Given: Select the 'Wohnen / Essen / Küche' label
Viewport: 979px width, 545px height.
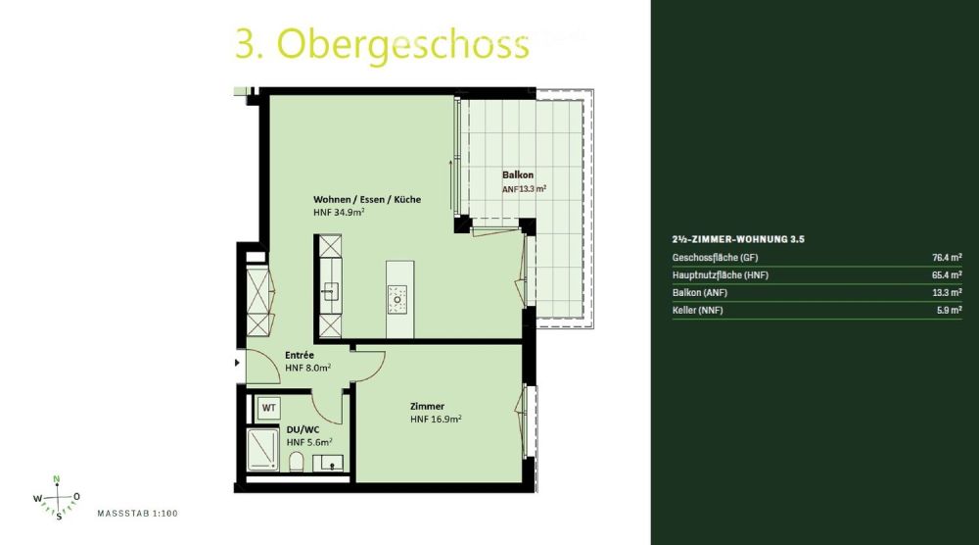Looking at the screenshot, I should [x=367, y=199].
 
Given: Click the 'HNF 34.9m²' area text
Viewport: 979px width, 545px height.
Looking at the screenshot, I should [x=339, y=213].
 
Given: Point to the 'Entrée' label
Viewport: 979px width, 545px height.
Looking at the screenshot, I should [x=300, y=355].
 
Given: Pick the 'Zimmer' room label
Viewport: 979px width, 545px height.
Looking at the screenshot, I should [x=428, y=406].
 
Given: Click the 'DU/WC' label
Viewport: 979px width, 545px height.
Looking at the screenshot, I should [x=302, y=430].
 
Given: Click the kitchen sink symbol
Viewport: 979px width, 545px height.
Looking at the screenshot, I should [x=331, y=289].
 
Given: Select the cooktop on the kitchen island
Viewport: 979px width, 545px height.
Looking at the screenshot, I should [x=396, y=297].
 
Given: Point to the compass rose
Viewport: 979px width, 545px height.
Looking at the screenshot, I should [x=58, y=497].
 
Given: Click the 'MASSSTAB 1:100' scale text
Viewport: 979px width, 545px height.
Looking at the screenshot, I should [x=137, y=513].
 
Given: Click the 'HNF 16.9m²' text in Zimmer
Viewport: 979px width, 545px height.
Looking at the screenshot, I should [x=436, y=419].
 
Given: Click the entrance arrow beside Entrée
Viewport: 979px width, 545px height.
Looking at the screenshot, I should [x=238, y=363].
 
